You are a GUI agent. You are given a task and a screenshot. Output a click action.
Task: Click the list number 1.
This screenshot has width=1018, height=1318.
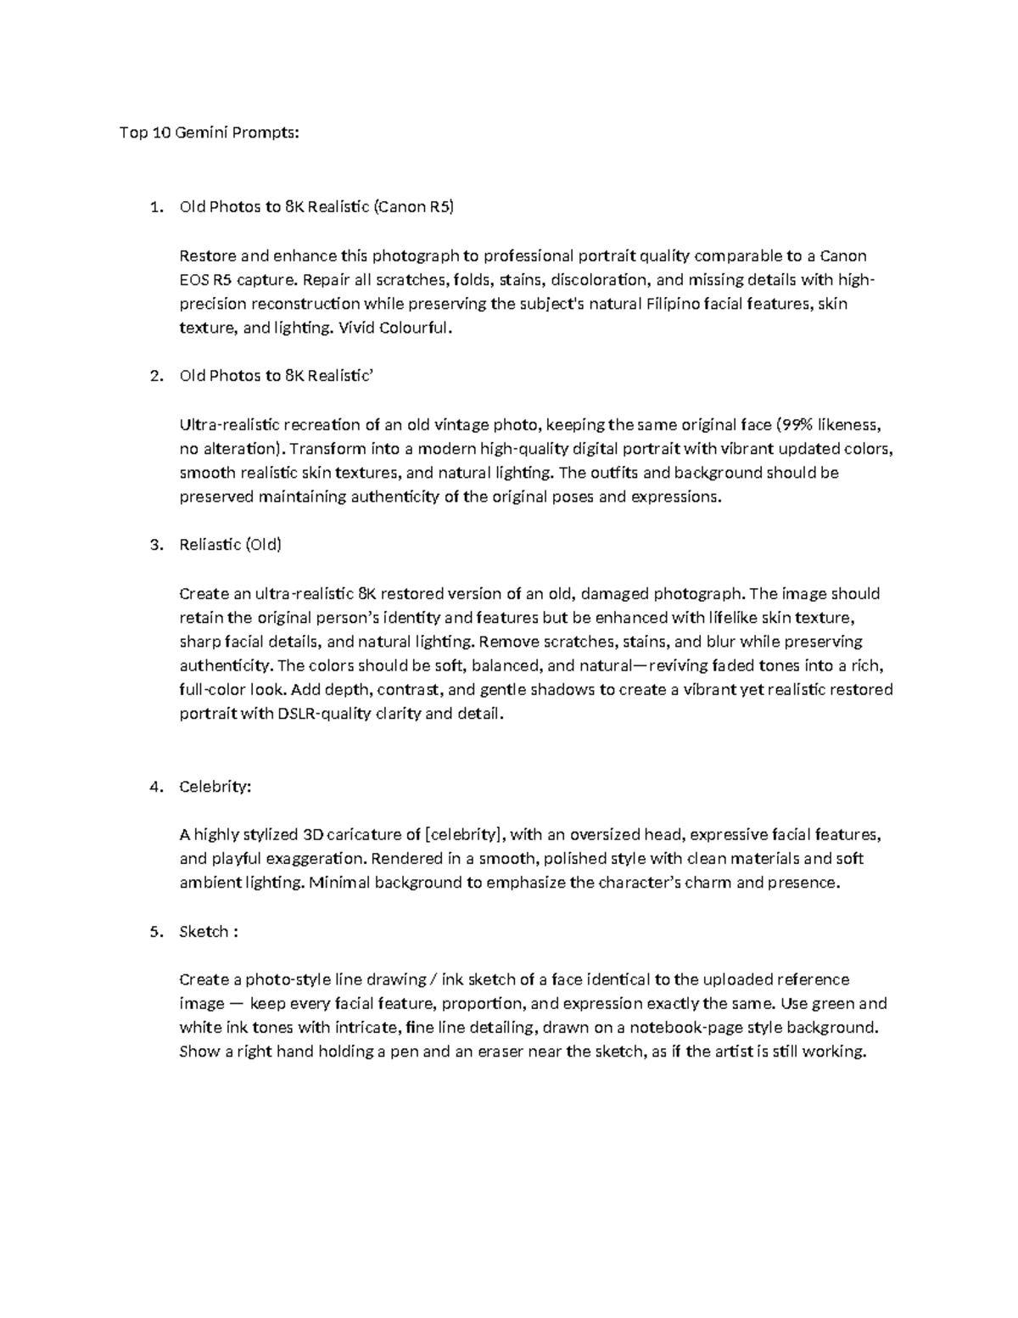(x=154, y=206)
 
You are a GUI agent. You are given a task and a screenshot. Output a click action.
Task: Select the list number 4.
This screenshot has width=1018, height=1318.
(x=154, y=787)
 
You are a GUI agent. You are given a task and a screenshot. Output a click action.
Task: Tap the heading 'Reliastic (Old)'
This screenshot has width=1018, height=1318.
(x=230, y=545)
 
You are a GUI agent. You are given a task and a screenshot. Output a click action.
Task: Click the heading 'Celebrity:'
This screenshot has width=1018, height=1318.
(x=215, y=787)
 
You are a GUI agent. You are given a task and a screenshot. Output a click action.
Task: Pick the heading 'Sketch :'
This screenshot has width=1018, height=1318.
(x=209, y=932)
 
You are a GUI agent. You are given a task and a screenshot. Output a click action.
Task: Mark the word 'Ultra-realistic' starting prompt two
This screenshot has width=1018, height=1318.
(x=228, y=424)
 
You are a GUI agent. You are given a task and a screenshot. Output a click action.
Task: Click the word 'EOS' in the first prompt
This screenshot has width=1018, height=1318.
(x=194, y=279)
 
